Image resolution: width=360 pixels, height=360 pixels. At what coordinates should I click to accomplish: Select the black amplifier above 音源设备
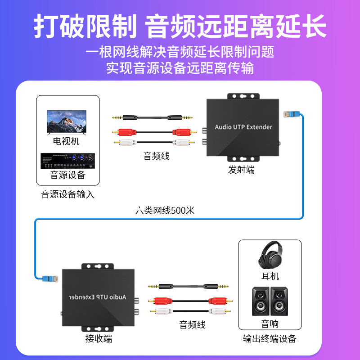click(x=67, y=161)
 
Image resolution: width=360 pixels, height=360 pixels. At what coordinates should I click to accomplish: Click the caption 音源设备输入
click(x=68, y=195)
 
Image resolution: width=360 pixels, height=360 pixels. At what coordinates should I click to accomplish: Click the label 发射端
click(x=241, y=170)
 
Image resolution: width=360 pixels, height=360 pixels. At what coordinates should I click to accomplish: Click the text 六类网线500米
click(x=165, y=210)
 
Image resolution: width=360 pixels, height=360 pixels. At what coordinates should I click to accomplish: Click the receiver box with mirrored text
click(x=98, y=297)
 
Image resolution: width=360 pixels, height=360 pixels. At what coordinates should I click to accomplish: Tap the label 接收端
click(x=99, y=339)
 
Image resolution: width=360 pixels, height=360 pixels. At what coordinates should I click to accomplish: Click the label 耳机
click(x=270, y=275)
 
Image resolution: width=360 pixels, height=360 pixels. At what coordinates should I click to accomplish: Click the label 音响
click(x=270, y=324)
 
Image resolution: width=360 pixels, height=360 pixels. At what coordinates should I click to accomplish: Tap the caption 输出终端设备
click(x=270, y=339)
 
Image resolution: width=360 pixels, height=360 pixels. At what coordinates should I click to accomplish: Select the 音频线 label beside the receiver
click(x=192, y=324)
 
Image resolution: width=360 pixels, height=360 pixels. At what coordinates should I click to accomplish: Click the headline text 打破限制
click(x=85, y=27)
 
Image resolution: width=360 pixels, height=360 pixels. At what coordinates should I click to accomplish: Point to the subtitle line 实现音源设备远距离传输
click(x=180, y=68)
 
